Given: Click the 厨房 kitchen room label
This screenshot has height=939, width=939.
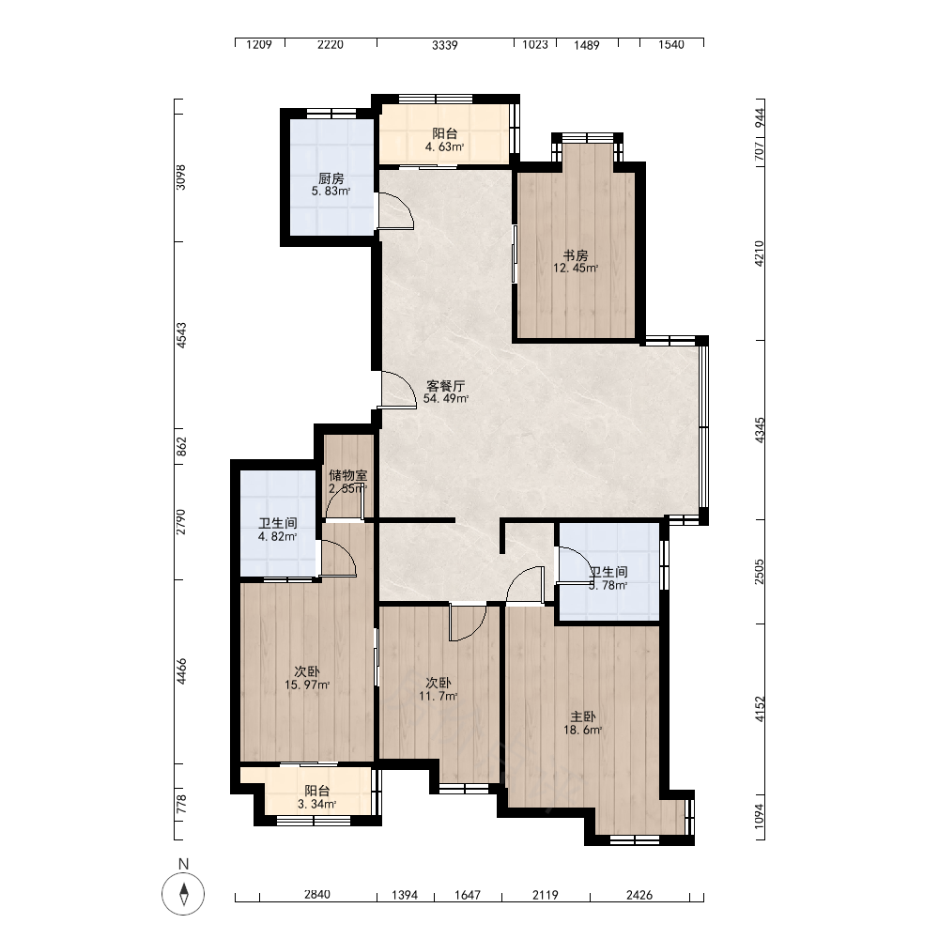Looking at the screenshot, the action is (331, 178).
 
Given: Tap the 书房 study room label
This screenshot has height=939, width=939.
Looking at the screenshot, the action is (576, 255).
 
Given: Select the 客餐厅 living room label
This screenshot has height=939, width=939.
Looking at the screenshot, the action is (445, 386).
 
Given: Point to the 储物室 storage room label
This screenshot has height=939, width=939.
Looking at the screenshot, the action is (348, 475).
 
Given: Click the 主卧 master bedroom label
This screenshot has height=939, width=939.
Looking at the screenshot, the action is (583, 716).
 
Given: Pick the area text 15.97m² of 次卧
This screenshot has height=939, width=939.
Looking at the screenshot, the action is (307, 685).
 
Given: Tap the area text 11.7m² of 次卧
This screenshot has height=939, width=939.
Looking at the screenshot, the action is (439, 696).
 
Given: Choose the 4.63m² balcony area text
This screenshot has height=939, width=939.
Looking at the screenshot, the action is (444, 146).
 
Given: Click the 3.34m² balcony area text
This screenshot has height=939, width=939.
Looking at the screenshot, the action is (316, 805).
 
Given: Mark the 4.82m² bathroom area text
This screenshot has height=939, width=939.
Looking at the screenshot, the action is (277, 536).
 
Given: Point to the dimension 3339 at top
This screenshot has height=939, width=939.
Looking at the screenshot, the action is (445, 45).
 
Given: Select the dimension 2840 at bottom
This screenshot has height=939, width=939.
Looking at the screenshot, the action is (317, 895).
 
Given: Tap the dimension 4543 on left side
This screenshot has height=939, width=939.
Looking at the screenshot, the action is (181, 335).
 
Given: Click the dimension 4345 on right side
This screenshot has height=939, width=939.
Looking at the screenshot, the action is (760, 430).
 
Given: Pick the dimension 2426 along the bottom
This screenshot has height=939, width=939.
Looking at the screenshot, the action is (639, 895).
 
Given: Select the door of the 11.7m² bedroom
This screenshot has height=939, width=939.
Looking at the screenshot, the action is (469, 623).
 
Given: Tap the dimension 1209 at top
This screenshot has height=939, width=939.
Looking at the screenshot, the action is (259, 44).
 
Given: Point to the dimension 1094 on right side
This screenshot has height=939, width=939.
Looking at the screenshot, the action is (760, 816).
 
